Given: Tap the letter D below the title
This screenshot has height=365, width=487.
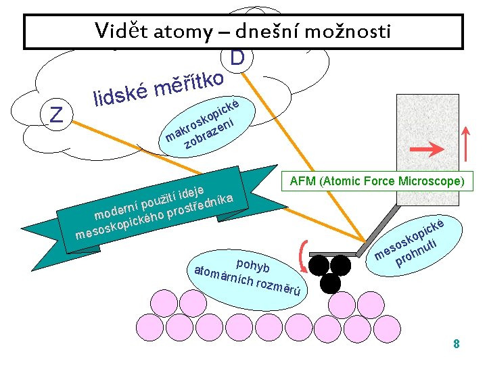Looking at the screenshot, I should (x=236, y=59).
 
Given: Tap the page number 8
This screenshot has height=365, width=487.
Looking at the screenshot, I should (x=457, y=344).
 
